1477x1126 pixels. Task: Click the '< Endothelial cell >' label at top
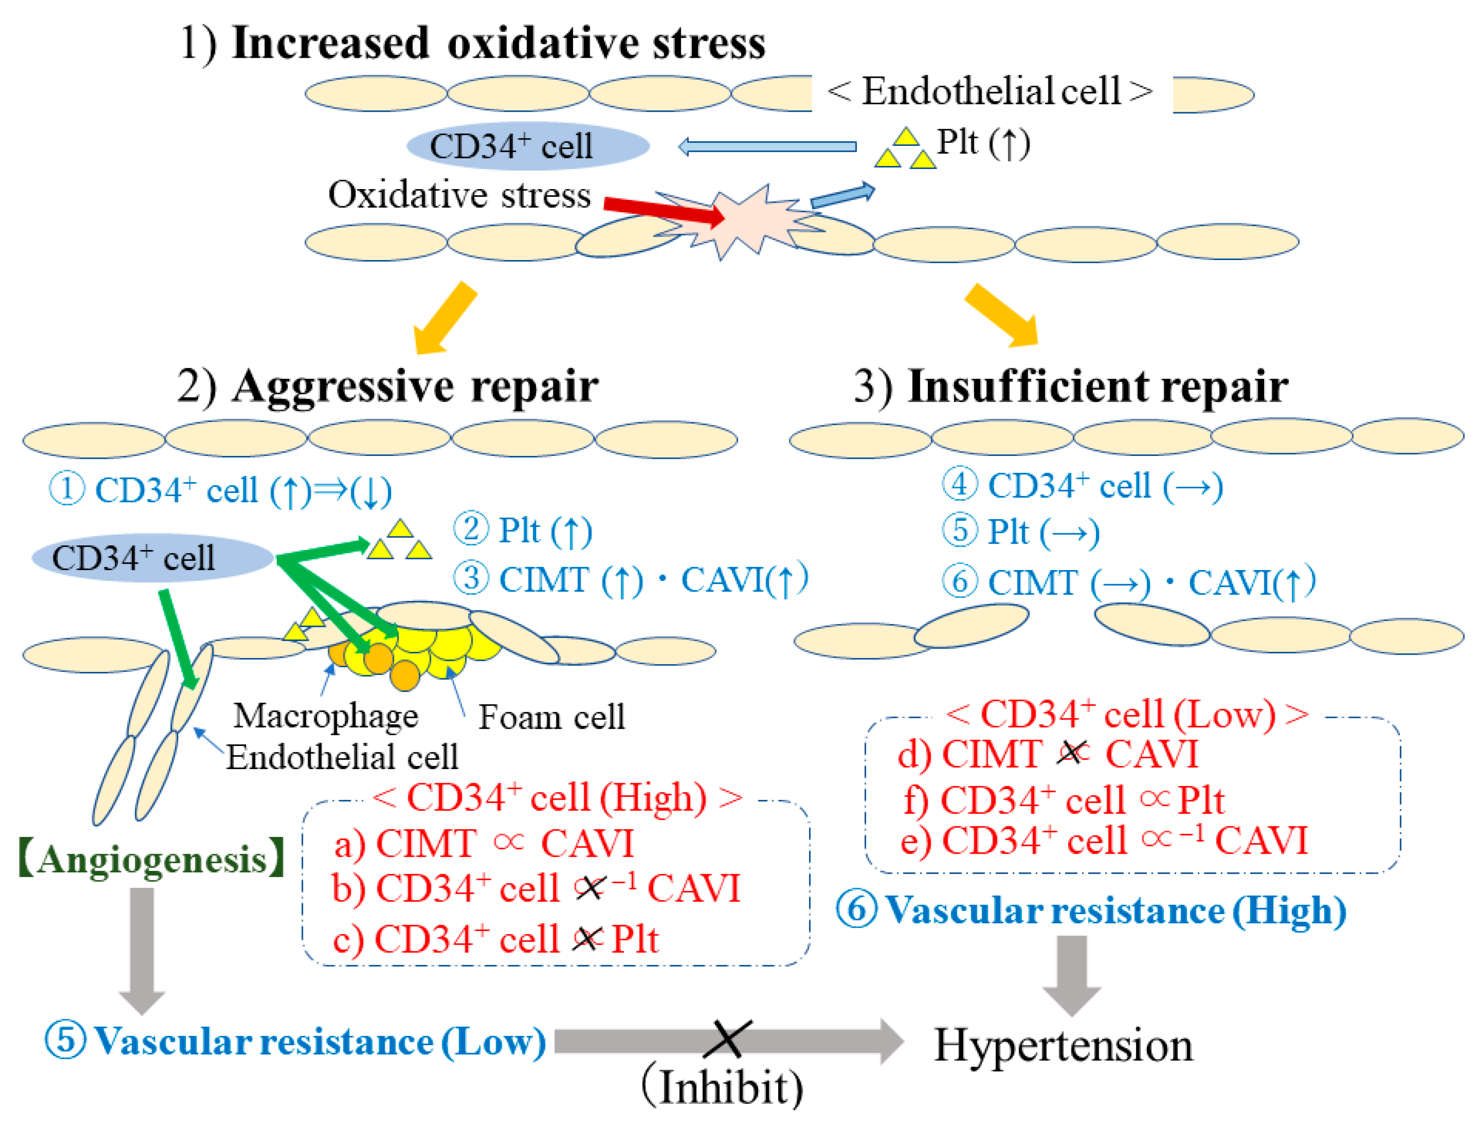990,91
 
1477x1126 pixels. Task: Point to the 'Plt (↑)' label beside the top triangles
983,142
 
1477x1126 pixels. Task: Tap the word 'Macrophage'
326,716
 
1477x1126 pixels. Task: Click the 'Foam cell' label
551,717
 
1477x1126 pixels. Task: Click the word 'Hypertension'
1063,1046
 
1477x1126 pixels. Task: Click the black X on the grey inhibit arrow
728,1040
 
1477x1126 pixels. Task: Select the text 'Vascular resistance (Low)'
319,1041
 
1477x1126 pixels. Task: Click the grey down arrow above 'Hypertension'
1071,974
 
